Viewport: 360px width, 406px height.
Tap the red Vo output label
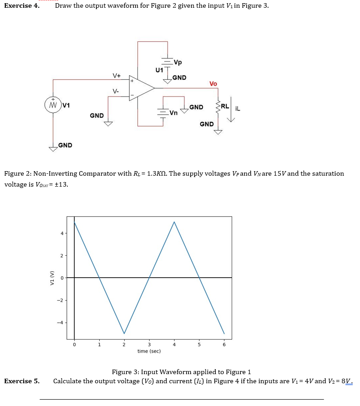(x=213, y=84)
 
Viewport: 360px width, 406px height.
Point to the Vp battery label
(x=178, y=62)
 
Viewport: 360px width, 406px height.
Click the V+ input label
(x=117, y=75)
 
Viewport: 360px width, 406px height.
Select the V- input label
(x=116, y=91)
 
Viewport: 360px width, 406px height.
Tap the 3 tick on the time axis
(x=149, y=345)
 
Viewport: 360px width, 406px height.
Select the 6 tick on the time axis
(x=223, y=345)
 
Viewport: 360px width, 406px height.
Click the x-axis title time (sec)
(x=149, y=351)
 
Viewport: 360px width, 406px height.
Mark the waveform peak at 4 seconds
(x=174, y=222)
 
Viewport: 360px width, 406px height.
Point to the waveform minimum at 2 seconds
(x=124, y=333)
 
